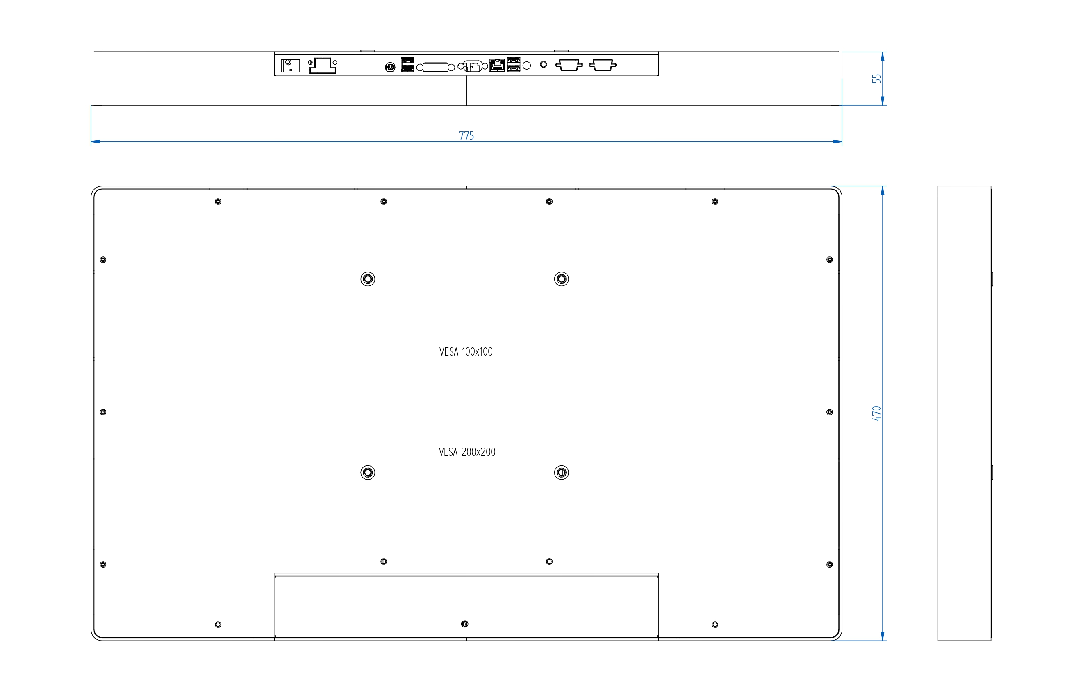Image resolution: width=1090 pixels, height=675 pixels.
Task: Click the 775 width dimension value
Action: [x=466, y=136]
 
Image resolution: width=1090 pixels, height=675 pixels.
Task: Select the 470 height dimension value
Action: [x=876, y=413]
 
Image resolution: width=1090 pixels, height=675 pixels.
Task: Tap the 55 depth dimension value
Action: [x=876, y=79]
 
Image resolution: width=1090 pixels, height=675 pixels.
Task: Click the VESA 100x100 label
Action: [x=466, y=352]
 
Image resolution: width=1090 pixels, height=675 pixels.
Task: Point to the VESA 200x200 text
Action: [x=467, y=452]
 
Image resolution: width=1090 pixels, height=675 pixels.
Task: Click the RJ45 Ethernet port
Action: [x=497, y=65]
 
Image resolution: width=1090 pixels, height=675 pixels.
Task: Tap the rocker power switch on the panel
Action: [x=290, y=66]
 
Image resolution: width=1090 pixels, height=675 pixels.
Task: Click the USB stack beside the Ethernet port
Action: [x=513, y=64]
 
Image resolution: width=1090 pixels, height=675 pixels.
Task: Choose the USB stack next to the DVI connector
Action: [x=407, y=64]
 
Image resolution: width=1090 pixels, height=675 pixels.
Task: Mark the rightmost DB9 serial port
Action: [x=603, y=65]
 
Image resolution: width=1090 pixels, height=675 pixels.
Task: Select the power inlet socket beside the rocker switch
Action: [x=323, y=66]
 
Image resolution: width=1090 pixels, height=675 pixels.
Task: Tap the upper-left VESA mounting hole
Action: [x=368, y=279]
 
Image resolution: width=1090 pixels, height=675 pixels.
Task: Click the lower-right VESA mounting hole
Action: [x=561, y=472]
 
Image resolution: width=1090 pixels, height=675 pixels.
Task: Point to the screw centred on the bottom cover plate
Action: [x=464, y=624]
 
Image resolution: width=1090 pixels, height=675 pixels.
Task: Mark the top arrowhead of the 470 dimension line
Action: [x=882, y=190]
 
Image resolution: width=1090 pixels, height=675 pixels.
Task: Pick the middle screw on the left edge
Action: [x=103, y=412]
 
